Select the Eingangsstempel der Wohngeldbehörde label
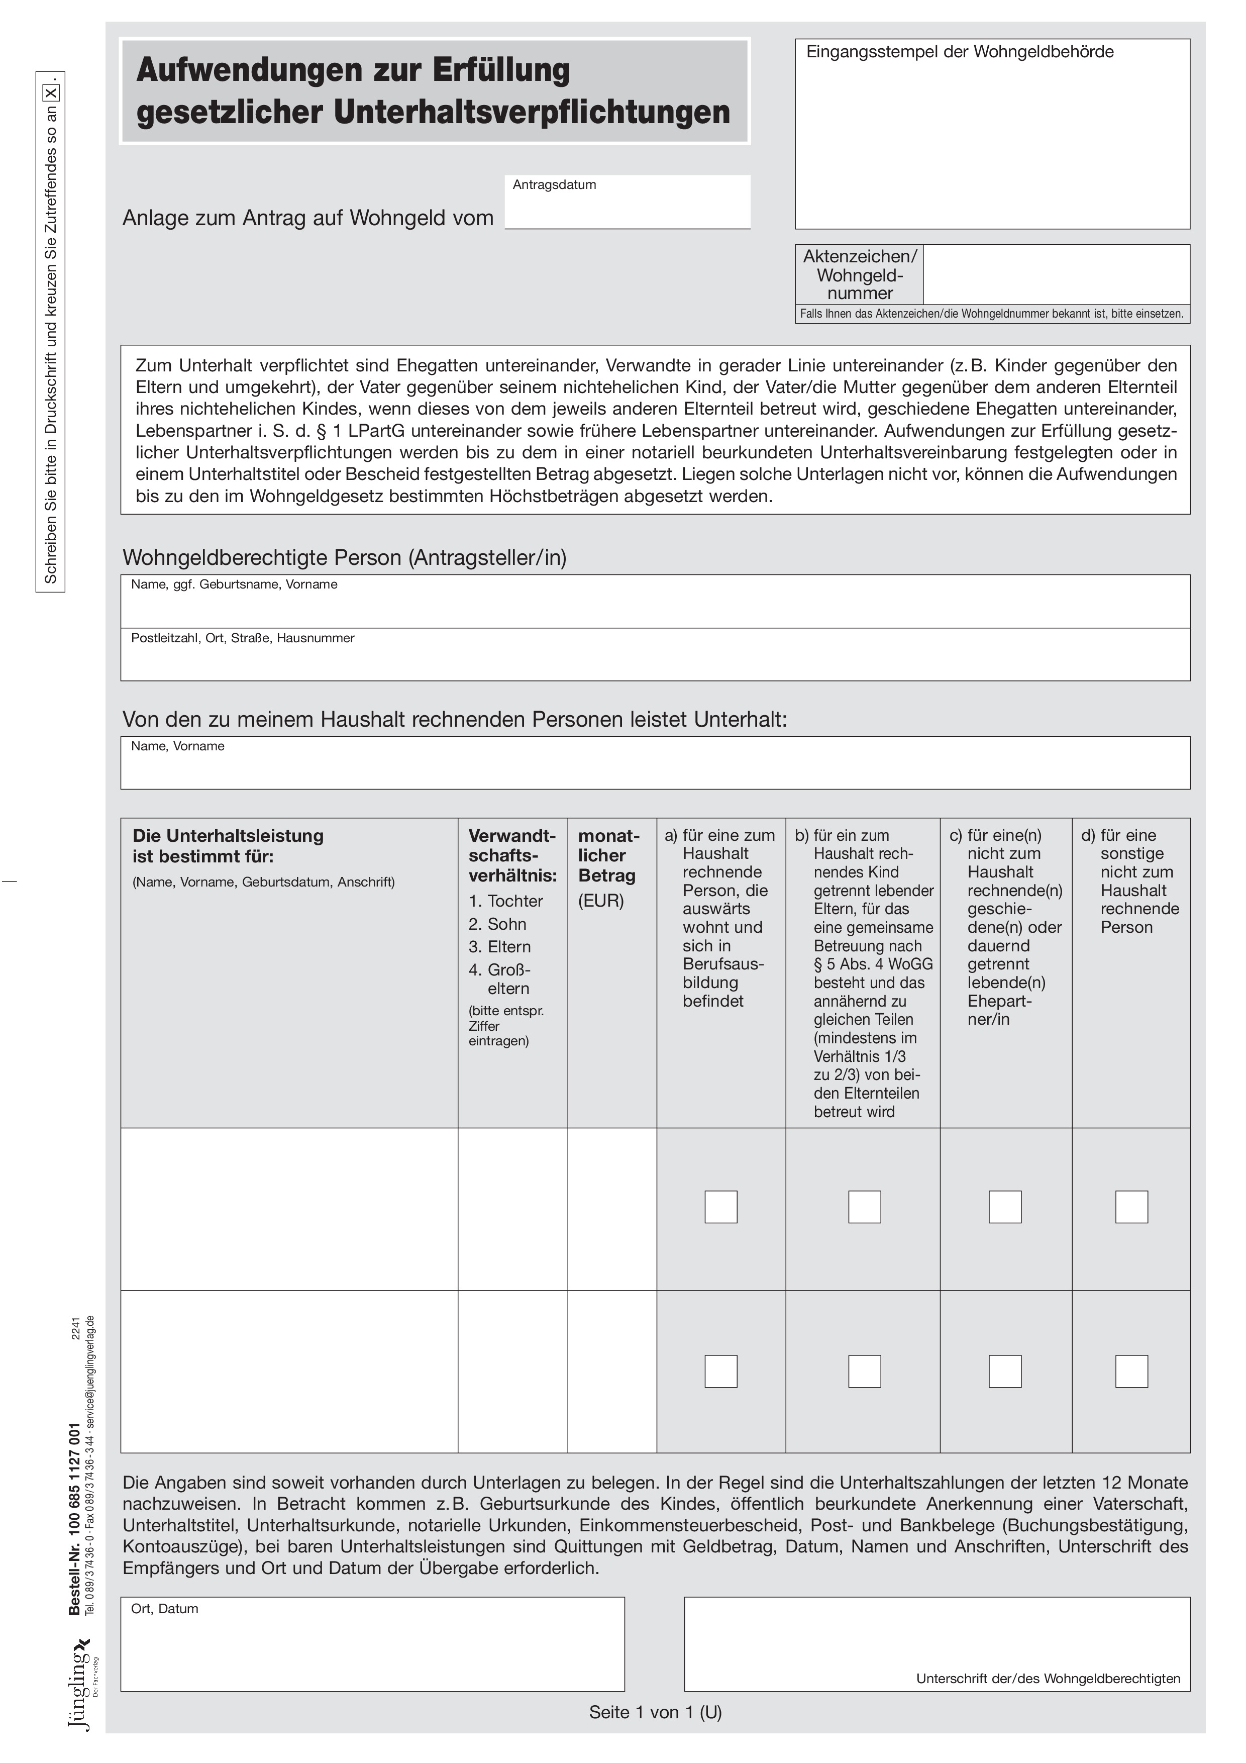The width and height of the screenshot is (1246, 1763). pos(959,52)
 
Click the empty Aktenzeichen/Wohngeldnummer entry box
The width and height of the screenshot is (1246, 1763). pos(1056,274)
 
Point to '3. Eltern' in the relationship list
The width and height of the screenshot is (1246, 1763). pos(500,947)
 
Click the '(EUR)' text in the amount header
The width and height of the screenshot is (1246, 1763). pos(600,901)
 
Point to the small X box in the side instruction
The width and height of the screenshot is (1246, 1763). pos(51,93)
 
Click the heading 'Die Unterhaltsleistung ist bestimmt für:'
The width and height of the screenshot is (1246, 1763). pos(228,845)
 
